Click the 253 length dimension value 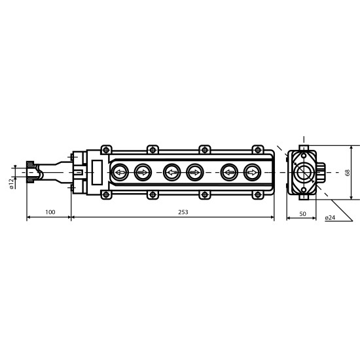coord(183,212)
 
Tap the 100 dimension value coord(50,212)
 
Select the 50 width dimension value coord(303,214)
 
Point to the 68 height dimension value coord(348,173)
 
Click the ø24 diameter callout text coord(330,218)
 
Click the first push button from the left coord(120,172)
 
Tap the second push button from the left coord(143,172)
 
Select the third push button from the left coord(171,172)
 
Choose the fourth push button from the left coord(195,172)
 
